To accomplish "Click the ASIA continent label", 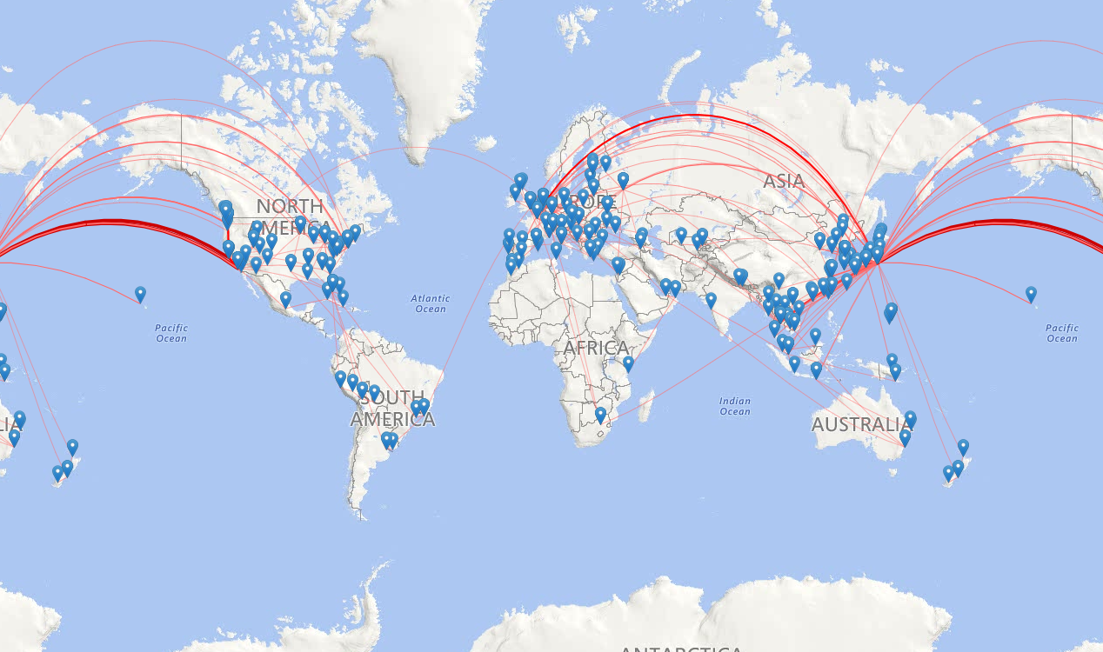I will pyautogui.click(x=784, y=182).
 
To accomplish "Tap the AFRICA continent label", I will pyautogui.click(x=596, y=349).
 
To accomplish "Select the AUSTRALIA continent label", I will pyautogui.click(x=861, y=424).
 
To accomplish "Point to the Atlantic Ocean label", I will pyautogui.click(x=430, y=303).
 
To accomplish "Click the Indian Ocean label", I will pyautogui.click(x=735, y=406).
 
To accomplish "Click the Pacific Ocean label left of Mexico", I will pyautogui.click(x=171, y=333).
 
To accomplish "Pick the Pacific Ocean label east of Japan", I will pyautogui.click(x=1061, y=333).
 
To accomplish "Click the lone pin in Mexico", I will pyautogui.click(x=285, y=300).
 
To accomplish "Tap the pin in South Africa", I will pyautogui.click(x=600, y=416).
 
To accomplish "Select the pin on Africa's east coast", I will pyautogui.click(x=628, y=364).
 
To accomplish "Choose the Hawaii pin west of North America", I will pyautogui.click(x=140, y=295).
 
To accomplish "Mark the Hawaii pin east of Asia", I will pyautogui.click(x=1031, y=295).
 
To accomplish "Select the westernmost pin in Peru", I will pyautogui.click(x=340, y=379).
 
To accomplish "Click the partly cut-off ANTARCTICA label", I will pyautogui.click(x=680, y=649).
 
